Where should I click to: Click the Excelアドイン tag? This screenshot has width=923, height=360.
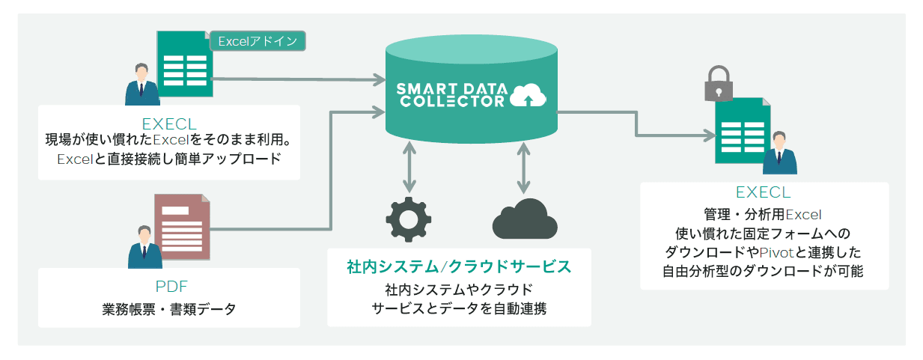click(x=258, y=41)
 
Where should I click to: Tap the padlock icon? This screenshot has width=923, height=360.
click(x=719, y=83)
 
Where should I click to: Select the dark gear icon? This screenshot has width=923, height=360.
click(x=408, y=219)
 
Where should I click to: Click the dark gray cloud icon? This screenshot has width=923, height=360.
click(x=525, y=219)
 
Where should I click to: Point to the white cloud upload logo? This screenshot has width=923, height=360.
click(x=528, y=95)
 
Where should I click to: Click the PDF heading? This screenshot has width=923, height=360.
click(x=171, y=286)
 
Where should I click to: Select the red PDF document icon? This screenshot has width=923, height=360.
click(x=182, y=227)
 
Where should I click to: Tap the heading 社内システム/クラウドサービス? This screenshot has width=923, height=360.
click(x=459, y=267)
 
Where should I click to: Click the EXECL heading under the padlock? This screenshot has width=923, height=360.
click(x=763, y=192)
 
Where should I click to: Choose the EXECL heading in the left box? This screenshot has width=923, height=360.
click(x=169, y=124)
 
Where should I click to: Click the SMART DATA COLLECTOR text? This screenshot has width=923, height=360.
click(x=452, y=95)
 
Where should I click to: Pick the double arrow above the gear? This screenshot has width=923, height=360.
click(x=409, y=167)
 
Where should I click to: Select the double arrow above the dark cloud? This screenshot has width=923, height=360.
click(x=523, y=168)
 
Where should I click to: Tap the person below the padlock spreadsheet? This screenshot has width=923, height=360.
click(x=779, y=153)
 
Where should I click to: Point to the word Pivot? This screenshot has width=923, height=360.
click(x=776, y=252)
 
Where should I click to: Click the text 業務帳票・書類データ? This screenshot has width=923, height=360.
click(x=169, y=309)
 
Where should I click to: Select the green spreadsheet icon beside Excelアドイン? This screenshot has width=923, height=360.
click(x=185, y=64)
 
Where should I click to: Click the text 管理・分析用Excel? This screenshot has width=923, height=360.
click(x=763, y=215)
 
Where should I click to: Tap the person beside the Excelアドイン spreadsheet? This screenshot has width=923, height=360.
click(x=142, y=84)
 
